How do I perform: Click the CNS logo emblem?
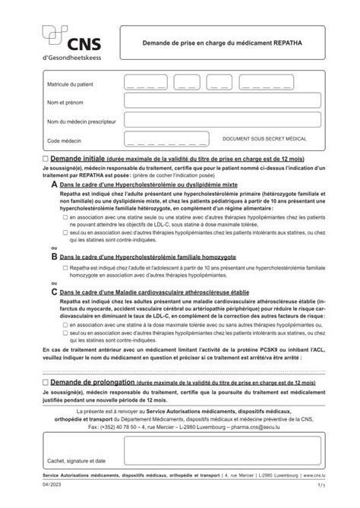point(55,35)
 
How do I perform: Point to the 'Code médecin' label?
point(63,140)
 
